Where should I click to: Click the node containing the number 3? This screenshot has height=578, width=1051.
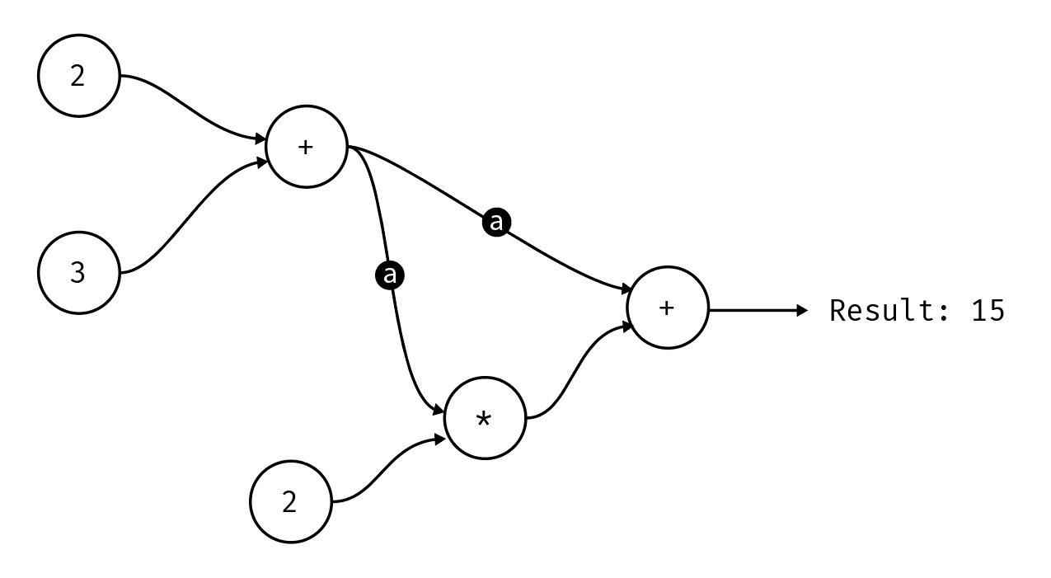coord(78,273)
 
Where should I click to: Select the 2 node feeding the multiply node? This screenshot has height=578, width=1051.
coord(290,501)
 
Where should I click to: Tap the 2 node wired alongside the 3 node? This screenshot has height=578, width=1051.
coord(78,76)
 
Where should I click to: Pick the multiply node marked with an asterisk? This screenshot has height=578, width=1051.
coord(485,419)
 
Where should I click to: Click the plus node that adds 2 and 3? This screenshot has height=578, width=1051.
coord(306,148)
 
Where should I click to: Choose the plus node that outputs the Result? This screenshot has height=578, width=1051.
coord(667,308)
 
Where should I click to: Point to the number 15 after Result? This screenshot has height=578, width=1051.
coord(988,311)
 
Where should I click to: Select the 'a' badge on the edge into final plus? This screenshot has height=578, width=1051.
coord(495,222)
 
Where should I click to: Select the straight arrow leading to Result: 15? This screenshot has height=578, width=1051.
coord(754,311)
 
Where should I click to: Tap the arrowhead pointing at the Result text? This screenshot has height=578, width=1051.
coord(804,311)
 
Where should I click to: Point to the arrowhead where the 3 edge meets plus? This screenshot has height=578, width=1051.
coord(260,162)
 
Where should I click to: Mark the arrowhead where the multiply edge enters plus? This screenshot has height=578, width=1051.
coord(628,327)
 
